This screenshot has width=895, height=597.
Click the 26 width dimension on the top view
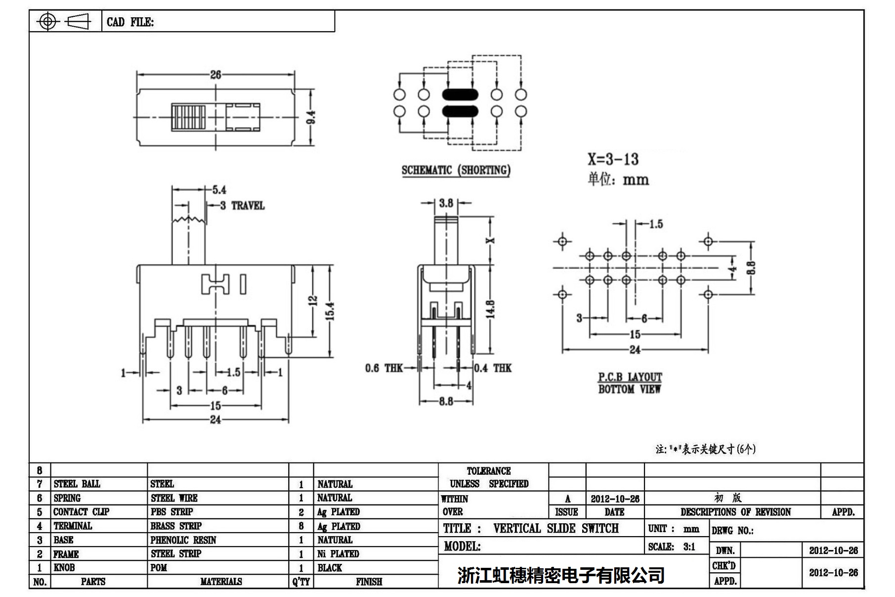coord(215,75)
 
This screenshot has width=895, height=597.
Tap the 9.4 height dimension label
coord(311,117)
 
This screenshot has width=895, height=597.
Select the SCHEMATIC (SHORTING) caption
coord(456,170)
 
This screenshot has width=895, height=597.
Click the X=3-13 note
coord(613,159)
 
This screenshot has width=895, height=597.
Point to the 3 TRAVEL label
coord(242,206)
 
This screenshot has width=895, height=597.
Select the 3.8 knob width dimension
coord(446,203)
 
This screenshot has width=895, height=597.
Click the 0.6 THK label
coord(384,368)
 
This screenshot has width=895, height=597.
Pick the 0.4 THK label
coord(493,368)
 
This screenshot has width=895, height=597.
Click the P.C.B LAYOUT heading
coord(630,377)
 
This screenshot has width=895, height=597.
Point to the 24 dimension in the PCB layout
coord(635,350)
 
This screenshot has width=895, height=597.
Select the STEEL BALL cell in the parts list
coord(77,484)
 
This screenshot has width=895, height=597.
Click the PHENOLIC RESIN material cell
coord(183,540)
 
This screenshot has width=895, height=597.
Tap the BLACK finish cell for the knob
coord(330,568)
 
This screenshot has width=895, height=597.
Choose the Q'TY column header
coord(301,582)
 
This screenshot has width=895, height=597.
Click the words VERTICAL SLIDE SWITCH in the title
coord(555,529)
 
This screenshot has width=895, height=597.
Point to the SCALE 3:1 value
coord(689,547)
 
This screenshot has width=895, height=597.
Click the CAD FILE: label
coord(130,22)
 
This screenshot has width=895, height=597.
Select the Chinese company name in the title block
coord(561,575)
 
